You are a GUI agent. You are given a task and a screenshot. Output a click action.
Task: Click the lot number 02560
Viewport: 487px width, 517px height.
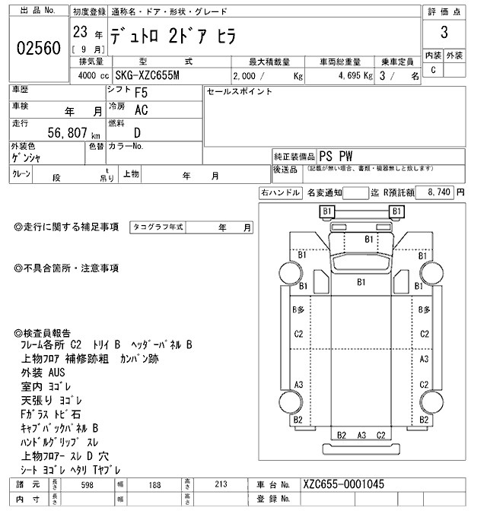tap(38, 49)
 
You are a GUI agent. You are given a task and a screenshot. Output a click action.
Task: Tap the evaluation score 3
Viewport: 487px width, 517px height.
tap(443, 34)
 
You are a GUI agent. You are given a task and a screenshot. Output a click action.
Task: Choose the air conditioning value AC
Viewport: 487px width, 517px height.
tap(141, 110)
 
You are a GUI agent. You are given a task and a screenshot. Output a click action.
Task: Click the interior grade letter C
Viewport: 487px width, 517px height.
tap(433, 70)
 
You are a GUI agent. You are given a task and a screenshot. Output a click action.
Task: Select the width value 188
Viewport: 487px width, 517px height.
tap(155, 484)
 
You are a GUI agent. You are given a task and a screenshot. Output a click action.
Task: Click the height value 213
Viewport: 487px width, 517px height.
tap(221, 484)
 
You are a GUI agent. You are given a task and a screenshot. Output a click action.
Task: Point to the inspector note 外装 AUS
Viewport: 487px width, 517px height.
tap(44, 373)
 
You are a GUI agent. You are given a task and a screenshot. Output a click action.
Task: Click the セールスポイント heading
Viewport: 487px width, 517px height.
tap(239, 92)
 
